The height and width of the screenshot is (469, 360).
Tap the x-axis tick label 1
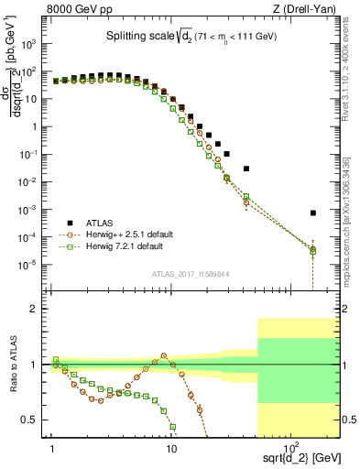point(53,450)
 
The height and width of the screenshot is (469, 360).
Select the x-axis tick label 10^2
point(288,449)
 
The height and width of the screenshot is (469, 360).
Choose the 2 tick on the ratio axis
point(41,309)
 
